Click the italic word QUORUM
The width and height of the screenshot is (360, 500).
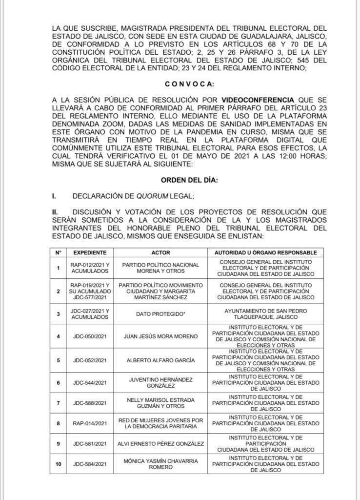tap(147, 196)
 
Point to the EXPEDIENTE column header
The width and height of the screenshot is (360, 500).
tap(90, 252)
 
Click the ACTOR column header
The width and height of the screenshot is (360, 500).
tap(160, 252)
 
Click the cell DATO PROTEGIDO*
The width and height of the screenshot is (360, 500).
tap(160, 313)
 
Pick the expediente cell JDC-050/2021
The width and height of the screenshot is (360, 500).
tap(90, 336)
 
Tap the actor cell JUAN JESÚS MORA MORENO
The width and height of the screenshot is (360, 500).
tap(160, 336)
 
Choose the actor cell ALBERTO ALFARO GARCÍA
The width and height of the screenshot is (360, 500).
tap(160, 360)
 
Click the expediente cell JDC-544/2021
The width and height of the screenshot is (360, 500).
tap(90, 382)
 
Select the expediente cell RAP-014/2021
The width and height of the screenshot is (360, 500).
tap(90, 423)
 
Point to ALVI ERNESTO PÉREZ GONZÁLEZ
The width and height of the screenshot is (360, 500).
tap(160, 444)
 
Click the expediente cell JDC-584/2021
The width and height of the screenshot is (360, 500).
tap(90, 464)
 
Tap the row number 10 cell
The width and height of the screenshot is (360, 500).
tap(58, 464)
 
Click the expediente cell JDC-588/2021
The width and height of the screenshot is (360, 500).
tap(90, 403)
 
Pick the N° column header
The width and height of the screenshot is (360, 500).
tap(58, 252)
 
